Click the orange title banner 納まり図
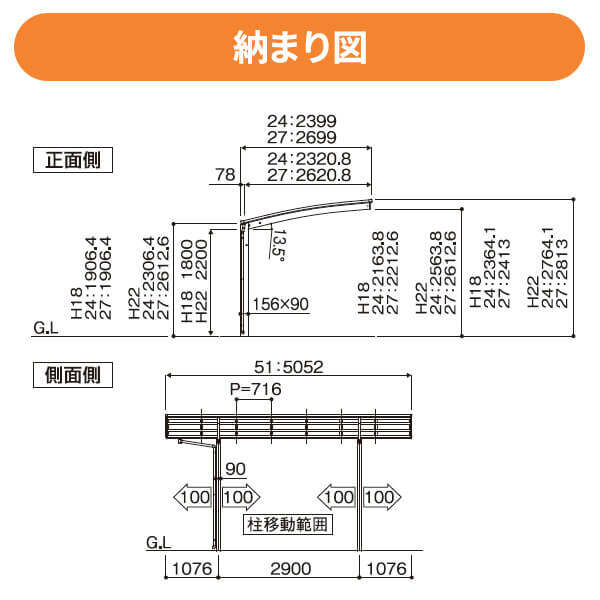pos(300,46)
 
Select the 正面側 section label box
pos(73,159)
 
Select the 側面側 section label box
pos(73,375)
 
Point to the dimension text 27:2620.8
pos(309,174)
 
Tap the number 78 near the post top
pos(225,174)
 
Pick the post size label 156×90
pos(281,303)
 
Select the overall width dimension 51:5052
pos(289,367)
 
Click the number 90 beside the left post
pos(235,468)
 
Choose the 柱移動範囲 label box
pos(288,522)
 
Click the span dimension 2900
pos(289,568)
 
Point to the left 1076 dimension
pos(189,568)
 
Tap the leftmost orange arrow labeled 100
pos(193,496)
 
